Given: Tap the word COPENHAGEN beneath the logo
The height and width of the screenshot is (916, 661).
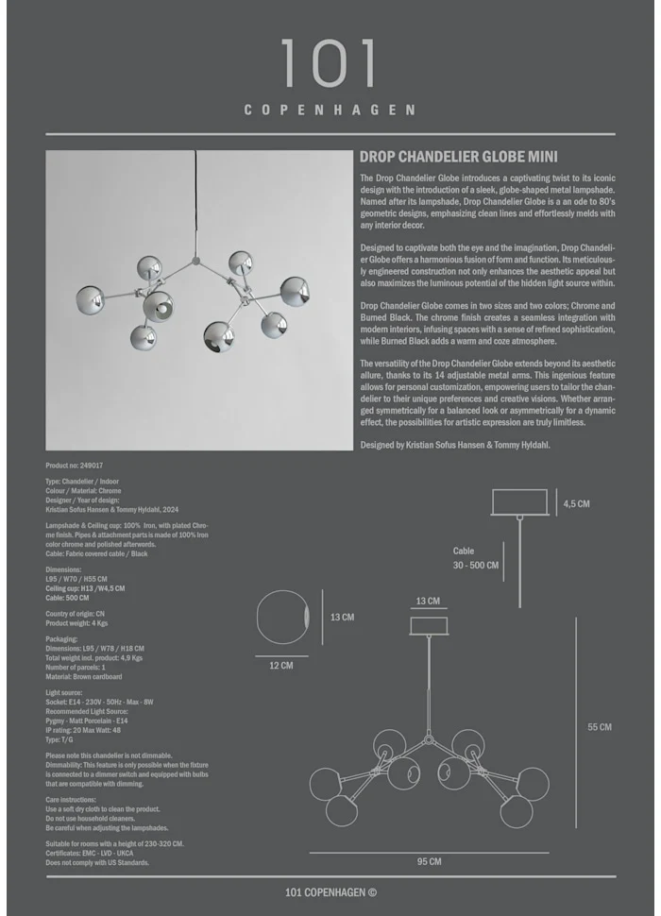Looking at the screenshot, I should [x=330, y=110].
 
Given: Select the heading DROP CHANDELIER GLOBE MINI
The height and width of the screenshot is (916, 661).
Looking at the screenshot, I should [x=459, y=158].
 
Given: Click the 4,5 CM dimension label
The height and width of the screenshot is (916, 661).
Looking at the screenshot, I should [x=576, y=504].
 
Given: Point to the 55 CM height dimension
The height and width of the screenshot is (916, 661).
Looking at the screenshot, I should [x=600, y=727].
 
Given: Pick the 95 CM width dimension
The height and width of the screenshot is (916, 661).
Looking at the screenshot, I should [x=429, y=861].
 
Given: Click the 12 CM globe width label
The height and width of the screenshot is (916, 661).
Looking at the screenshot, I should [x=281, y=665].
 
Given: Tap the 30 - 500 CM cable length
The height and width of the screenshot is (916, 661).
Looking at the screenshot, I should [x=475, y=565].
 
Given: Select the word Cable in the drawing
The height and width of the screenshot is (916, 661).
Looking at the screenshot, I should [x=464, y=551].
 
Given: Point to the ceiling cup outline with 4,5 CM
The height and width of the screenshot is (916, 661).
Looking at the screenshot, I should [x=520, y=501].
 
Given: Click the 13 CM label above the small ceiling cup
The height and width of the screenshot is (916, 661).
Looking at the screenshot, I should [x=428, y=601].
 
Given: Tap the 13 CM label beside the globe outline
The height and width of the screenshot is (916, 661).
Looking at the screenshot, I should [x=342, y=618].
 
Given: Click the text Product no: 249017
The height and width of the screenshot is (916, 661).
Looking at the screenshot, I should [x=75, y=466].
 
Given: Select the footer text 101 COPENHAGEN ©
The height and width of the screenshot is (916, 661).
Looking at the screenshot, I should [x=330, y=891].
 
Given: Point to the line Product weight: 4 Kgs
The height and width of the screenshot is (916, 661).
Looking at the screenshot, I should [x=80, y=623].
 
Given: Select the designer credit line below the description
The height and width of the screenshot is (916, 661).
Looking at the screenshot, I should [x=454, y=445].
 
